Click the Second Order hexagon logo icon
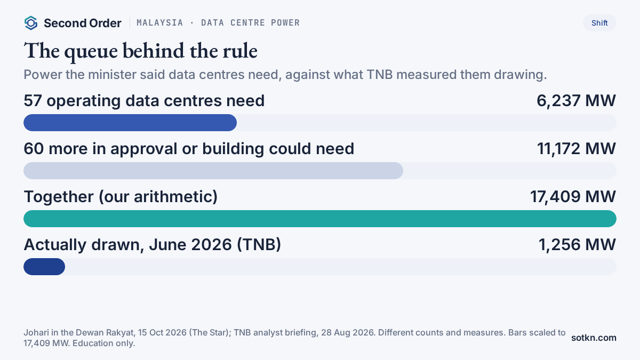31,23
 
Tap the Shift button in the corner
599,23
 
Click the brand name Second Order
83,23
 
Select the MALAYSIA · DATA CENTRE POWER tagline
218,23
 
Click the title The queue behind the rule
141,51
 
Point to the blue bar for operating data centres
130,123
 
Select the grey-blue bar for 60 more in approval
213,171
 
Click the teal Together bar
319,219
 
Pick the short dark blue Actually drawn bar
44,267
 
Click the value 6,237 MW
576,101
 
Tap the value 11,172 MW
577,149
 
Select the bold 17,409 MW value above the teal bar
573,197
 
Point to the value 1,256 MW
577,245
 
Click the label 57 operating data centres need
144,101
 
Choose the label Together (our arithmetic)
121,197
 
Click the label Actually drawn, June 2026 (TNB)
153,245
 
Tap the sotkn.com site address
594,338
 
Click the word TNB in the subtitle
380,75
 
